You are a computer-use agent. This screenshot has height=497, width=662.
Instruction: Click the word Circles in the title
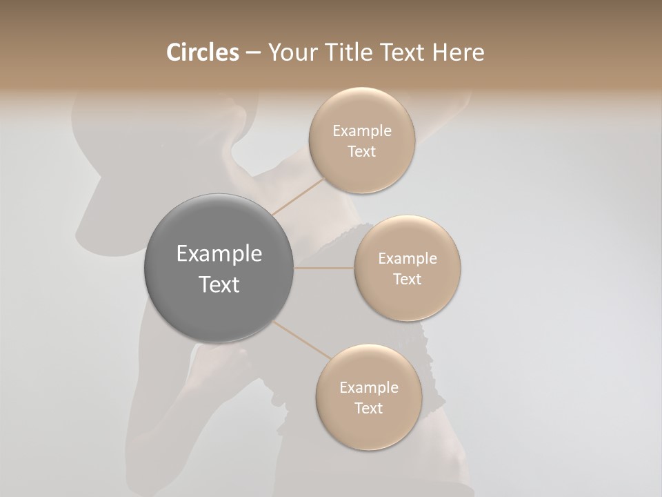(202, 52)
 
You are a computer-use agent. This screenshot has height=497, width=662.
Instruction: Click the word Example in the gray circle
(219, 254)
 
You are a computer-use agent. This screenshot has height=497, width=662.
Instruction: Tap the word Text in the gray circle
(219, 284)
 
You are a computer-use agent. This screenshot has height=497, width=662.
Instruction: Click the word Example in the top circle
(361, 131)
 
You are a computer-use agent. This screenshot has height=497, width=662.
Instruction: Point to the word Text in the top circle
(361, 152)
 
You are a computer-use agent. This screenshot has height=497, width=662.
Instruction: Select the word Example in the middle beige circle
(408, 259)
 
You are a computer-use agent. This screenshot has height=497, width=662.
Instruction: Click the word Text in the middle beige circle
(408, 280)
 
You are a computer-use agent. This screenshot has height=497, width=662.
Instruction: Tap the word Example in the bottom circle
(368, 388)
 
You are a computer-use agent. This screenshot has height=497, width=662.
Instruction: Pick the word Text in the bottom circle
(368, 409)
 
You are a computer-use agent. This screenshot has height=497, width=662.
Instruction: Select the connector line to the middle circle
(324, 268)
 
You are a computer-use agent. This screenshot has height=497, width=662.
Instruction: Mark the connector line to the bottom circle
(301, 340)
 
